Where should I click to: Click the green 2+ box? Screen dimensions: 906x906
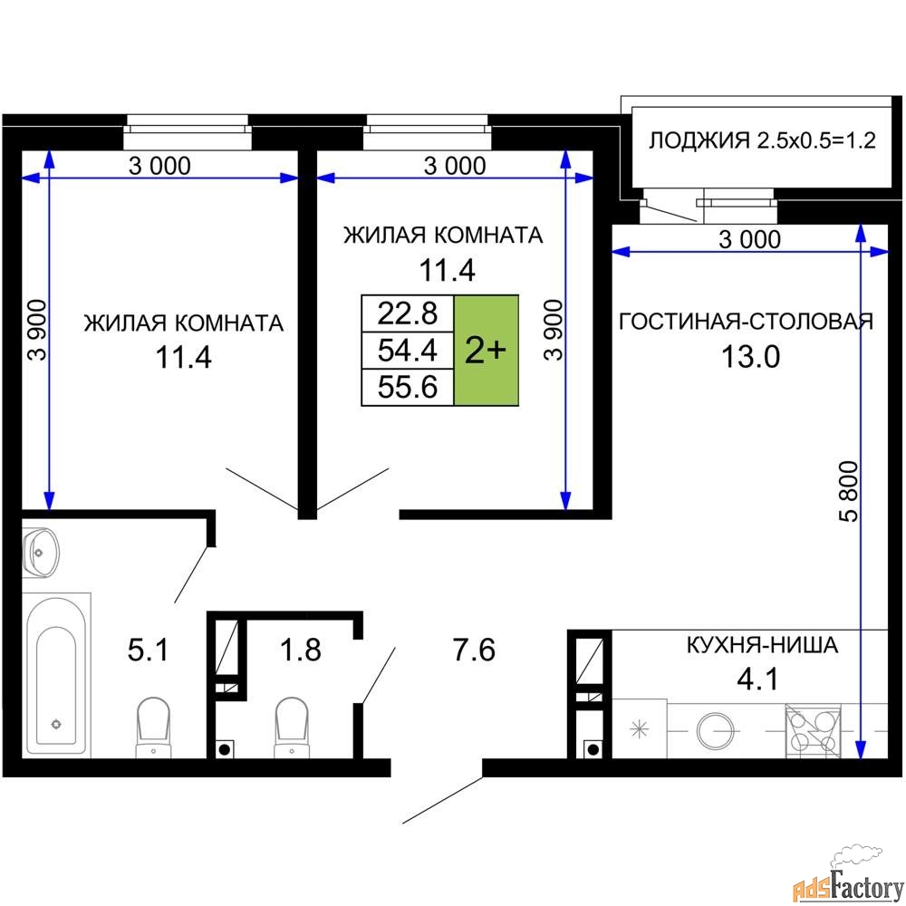coord(486,350)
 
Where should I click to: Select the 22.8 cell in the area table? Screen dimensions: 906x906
coord(408,313)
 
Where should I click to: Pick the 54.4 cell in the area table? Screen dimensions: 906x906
coord(408,350)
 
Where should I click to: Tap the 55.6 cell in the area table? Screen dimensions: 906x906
coord(408,387)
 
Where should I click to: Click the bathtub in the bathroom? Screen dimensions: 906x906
coord(56,674)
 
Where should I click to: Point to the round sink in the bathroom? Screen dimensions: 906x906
coord(41,553)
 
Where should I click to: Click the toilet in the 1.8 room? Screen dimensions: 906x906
coord(291,727)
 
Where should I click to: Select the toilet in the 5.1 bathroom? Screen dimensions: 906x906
coord(153,727)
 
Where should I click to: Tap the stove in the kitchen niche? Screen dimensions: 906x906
coord(813,730)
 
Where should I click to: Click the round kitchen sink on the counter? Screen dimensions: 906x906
coord(716,730)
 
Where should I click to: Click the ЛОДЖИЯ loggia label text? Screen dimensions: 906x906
coord(762,140)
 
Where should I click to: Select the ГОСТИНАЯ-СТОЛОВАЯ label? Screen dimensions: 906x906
coord(746,322)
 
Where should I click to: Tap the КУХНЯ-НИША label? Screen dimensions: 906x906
coord(762,644)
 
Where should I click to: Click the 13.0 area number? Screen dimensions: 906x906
coord(750,356)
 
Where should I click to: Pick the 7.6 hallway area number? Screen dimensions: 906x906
coord(474,650)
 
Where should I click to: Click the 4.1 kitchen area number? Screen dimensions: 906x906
coord(757,679)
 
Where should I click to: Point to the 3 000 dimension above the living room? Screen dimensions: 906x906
coord(749,238)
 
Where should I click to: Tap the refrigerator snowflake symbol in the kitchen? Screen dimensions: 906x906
coord(639,729)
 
